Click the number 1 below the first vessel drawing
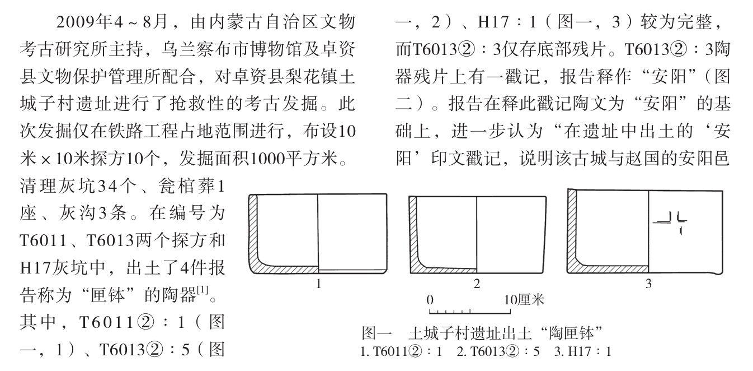click(318, 284)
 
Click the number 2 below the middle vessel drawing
click(477, 284)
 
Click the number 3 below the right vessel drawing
click(648, 284)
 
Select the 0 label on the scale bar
click(430, 300)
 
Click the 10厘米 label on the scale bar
click(524, 300)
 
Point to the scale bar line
click(470, 313)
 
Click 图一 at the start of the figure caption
click(376, 333)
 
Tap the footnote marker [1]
click(203, 290)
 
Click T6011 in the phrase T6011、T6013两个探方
click(43, 240)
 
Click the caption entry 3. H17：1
click(582, 352)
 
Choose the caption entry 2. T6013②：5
click(498, 352)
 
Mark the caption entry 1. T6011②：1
click(401, 352)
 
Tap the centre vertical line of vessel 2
click(477, 235)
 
